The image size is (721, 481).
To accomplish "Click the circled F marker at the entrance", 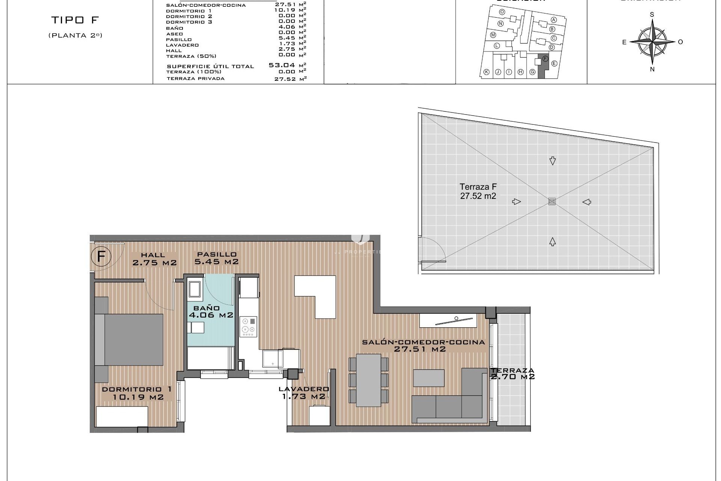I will pyautogui.click(x=101, y=257).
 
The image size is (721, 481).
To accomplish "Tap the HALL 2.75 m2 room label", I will pyautogui.click(x=154, y=259).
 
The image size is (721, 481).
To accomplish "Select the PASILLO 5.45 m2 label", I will pyautogui.click(x=216, y=258).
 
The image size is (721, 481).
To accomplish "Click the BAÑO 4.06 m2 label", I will pyautogui.click(x=211, y=312).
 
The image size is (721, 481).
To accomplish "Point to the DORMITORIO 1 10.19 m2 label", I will pyautogui.click(x=137, y=393).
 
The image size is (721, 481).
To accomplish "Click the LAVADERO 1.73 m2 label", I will pyautogui.click(x=304, y=393).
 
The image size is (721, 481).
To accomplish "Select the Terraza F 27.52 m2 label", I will pyautogui.click(x=478, y=191).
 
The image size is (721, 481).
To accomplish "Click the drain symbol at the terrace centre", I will pyautogui.click(x=551, y=201).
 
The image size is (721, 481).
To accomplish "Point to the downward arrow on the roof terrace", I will pyautogui.click(x=552, y=161).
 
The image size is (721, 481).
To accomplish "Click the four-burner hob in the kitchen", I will pyautogui.click(x=249, y=326).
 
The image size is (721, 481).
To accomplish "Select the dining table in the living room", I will pyautogui.click(x=368, y=380).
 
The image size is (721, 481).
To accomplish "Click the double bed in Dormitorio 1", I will pyautogui.click(x=130, y=340).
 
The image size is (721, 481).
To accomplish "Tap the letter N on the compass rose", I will pyautogui.click(x=652, y=69).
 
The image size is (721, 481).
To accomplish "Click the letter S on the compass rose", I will pyautogui.click(x=652, y=15).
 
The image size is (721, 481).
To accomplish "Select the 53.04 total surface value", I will pyautogui.click(x=282, y=65).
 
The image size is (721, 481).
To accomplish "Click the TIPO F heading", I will pyautogui.click(x=75, y=20).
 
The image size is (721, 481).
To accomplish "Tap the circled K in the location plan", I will pyautogui.click(x=486, y=72).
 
